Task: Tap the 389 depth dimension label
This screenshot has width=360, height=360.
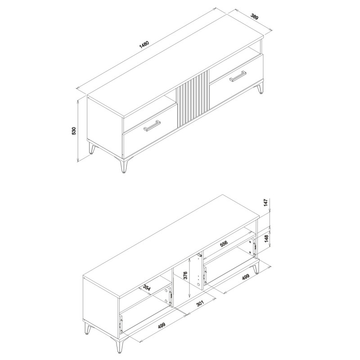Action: pos(255,17)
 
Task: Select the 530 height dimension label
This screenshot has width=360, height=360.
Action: pos(74,130)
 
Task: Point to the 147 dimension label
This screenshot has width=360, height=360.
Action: pos(265,203)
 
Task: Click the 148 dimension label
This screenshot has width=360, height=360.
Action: pos(266,238)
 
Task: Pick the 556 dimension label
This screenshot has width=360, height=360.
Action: pos(223,243)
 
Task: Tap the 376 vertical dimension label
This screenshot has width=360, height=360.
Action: pos(185,275)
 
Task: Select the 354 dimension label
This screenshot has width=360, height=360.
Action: pos(147,288)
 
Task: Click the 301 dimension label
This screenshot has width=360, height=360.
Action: pos(200,303)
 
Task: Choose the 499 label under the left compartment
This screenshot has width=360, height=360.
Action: pos(162,325)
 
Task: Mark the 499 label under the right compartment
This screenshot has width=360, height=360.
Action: pos(246,277)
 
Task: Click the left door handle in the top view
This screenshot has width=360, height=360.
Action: pos(152,126)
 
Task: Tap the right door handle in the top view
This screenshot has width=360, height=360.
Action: pos(238,76)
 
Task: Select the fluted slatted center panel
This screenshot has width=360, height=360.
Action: pos(193,99)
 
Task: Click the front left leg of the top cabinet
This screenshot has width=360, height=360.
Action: pos(123,165)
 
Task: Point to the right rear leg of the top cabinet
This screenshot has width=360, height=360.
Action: pos(261,88)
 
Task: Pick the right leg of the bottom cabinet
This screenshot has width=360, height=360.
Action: pos(256,269)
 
